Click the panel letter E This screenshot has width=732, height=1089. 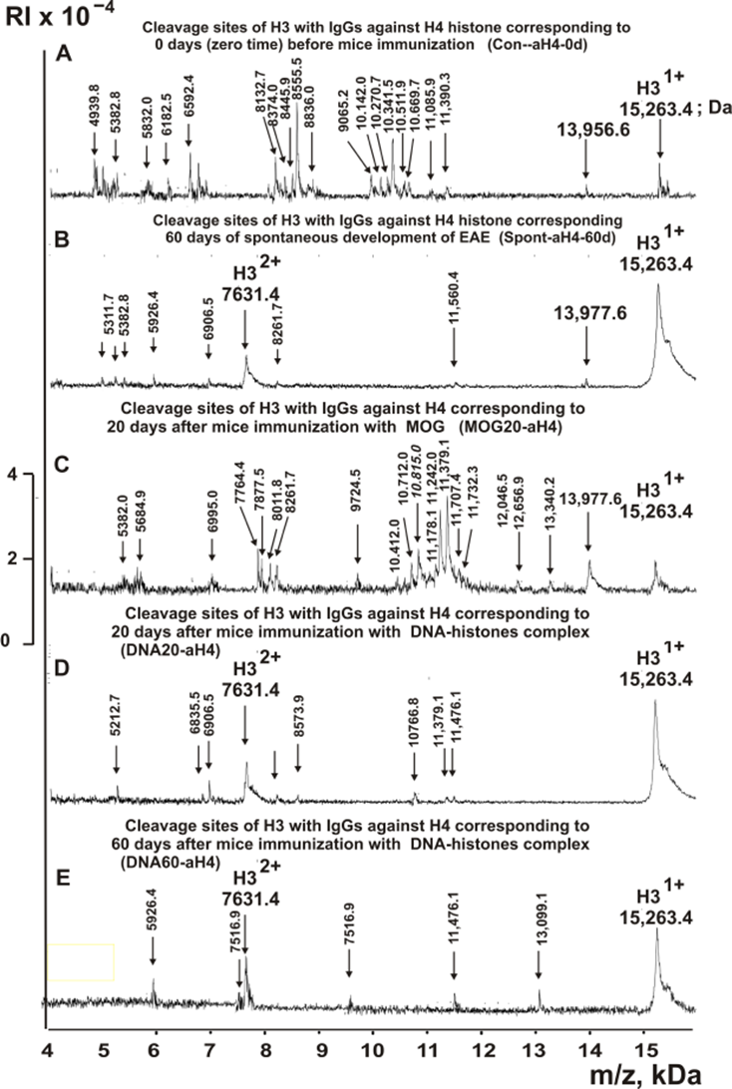(62, 880)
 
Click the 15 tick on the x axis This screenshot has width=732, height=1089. (647, 1048)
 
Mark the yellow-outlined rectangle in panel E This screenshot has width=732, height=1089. (81, 961)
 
